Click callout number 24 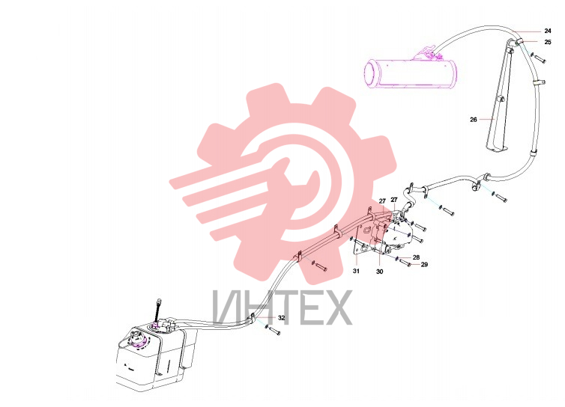[x=548, y=31]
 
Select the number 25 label [x=548, y=42]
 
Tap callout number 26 [x=474, y=120]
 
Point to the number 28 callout [x=416, y=257]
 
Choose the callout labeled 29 [x=424, y=265]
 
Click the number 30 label [x=379, y=272]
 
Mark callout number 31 [x=356, y=271]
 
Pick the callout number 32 [x=282, y=318]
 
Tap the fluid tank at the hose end [x=156, y=356]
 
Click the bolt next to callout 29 [x=405, y=263]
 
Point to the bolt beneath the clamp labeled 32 [x=274, y=330]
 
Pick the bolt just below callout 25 [x=540, y=58]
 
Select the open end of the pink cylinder [x=370, y=75]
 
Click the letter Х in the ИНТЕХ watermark [x=337, y=307]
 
